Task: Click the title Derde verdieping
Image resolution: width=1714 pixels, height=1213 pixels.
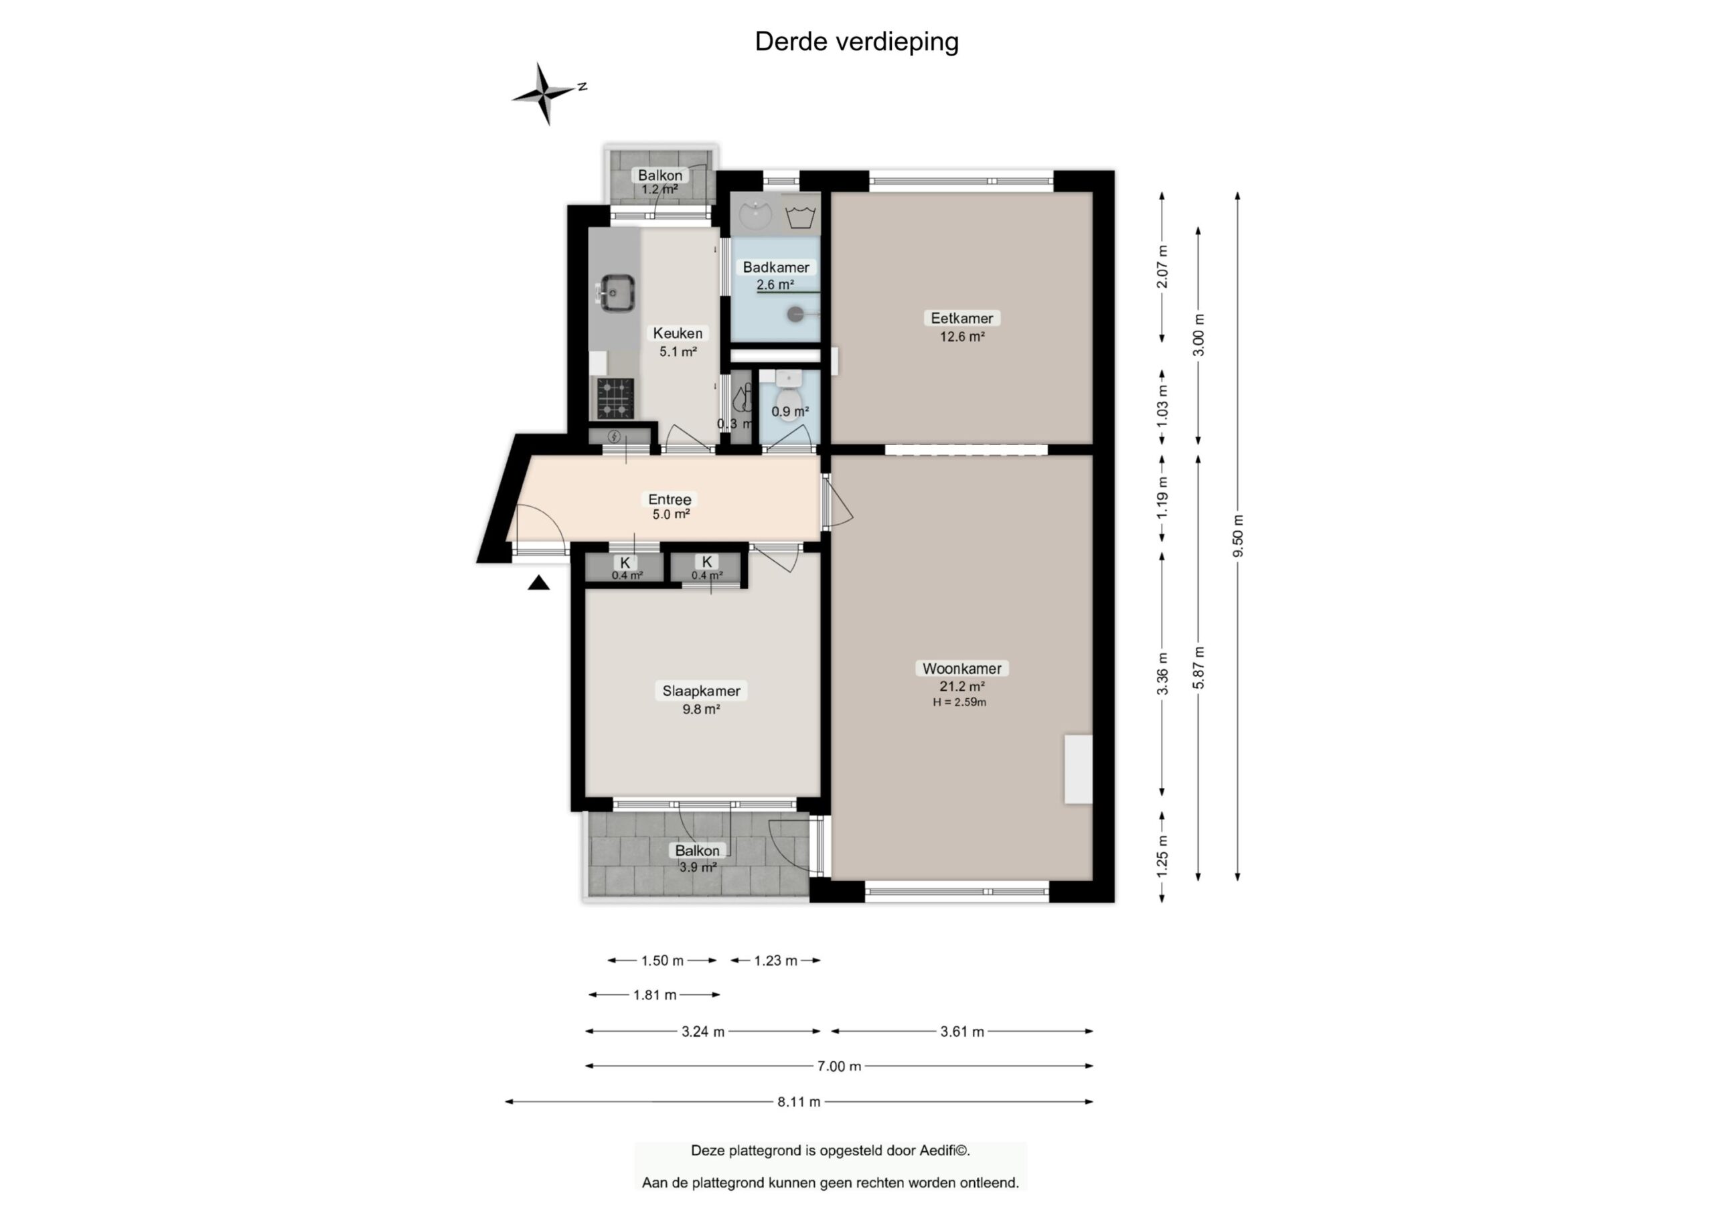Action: (856, 42)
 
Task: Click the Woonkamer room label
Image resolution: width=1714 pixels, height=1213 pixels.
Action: (961, 669)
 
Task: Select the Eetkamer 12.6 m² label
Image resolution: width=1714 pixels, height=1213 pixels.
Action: (961, 327)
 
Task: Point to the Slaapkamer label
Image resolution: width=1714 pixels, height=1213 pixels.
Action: (701, 691)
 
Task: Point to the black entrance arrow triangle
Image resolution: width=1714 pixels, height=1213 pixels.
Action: (538, 583)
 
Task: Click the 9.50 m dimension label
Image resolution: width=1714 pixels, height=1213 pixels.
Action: (1238, 536)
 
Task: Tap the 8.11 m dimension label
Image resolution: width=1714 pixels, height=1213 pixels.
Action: (798, 1102)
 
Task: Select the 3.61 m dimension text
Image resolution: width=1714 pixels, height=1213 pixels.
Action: (962, 1032)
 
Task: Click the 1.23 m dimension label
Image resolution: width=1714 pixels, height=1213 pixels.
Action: (775, 961)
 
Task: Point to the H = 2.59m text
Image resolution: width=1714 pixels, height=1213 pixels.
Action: (959, 702)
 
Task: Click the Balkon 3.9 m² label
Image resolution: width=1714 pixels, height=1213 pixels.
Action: (697, 858)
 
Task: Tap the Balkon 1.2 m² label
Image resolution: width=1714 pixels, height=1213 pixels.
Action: (659, 181)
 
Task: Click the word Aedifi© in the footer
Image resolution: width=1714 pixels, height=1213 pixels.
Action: (944, 1150)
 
